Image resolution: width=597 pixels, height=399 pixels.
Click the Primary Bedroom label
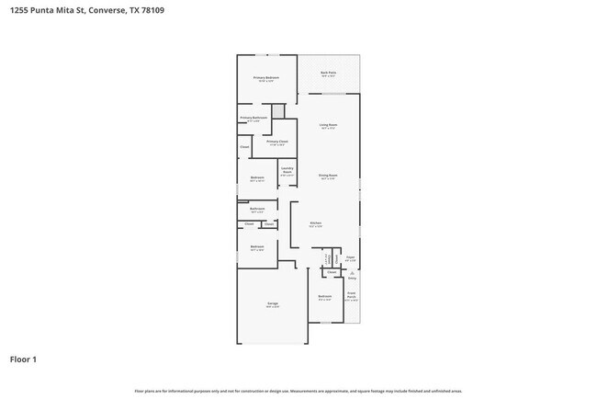(266, 78)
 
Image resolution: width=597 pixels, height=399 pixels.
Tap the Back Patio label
(327, 74)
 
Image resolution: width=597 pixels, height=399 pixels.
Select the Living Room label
(328, 125)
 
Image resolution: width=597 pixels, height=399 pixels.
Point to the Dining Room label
(328, 176)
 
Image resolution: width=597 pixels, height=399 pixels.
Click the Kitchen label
(315, 223)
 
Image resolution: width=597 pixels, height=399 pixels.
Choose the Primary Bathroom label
(253, 118)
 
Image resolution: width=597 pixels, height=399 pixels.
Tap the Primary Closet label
(277, 142)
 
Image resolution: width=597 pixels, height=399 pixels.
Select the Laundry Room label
(287, 170)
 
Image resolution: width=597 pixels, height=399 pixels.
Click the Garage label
(273, 303)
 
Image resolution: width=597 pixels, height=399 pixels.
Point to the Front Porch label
(352, 295)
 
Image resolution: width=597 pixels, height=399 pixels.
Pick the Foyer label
(350, 257)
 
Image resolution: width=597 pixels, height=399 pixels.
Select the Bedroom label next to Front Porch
(324, 296)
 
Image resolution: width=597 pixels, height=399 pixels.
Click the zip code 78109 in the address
(140, 11)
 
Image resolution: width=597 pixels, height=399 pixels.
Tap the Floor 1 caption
(24, 359)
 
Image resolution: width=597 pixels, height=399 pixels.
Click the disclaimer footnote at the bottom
(298, 391)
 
